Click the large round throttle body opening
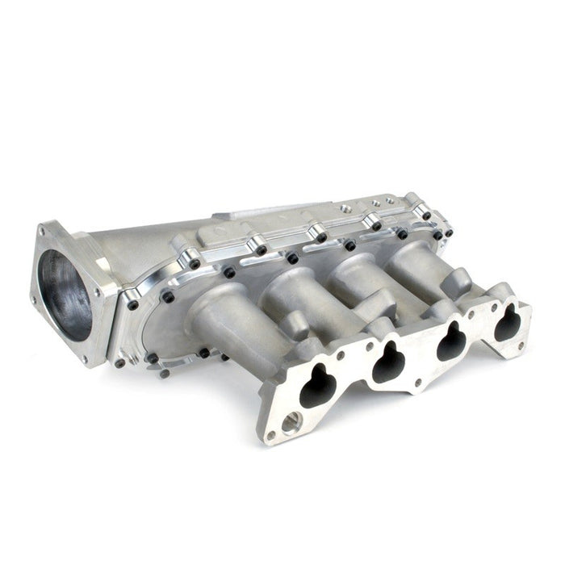[65, 295]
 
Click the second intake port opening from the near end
[389, 362]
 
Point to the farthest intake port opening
[508, 322]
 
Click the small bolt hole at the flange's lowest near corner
[270, 435]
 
